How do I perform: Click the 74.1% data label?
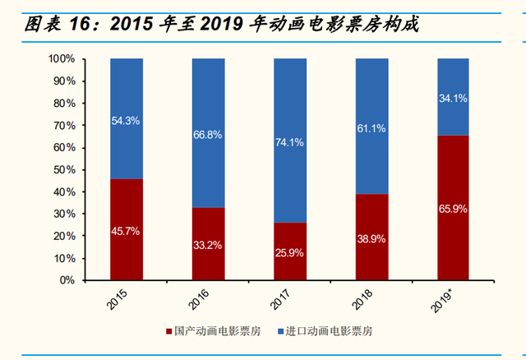tap(290, 142)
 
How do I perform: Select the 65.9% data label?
tap(454, 209)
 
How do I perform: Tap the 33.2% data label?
tap(208, 244)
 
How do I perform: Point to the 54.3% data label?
tap(126, 120)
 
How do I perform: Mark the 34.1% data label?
tap(454, 98)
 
